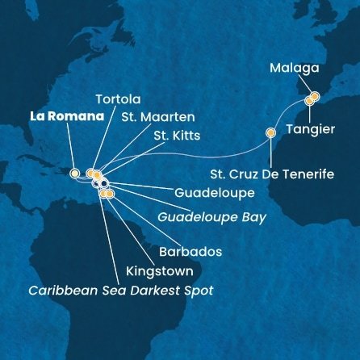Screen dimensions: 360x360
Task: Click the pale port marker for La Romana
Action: (x=74, y=173)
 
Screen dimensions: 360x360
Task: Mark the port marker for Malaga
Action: (x=315, y=97)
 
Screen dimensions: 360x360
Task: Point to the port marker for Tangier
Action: (x=308, y=102)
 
